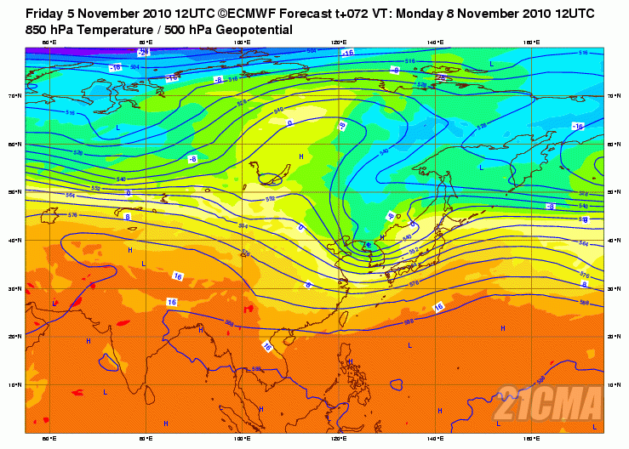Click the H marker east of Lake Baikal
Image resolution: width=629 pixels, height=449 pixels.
[301, 157]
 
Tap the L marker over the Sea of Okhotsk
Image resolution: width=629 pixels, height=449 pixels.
[481, 168]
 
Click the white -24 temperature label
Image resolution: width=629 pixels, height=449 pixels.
[144, 52]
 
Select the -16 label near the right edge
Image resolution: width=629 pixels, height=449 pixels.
[577, 126]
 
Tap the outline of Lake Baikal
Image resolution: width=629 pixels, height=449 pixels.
[272, 179]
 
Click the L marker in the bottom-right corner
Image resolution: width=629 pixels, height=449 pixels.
[594, 427]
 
